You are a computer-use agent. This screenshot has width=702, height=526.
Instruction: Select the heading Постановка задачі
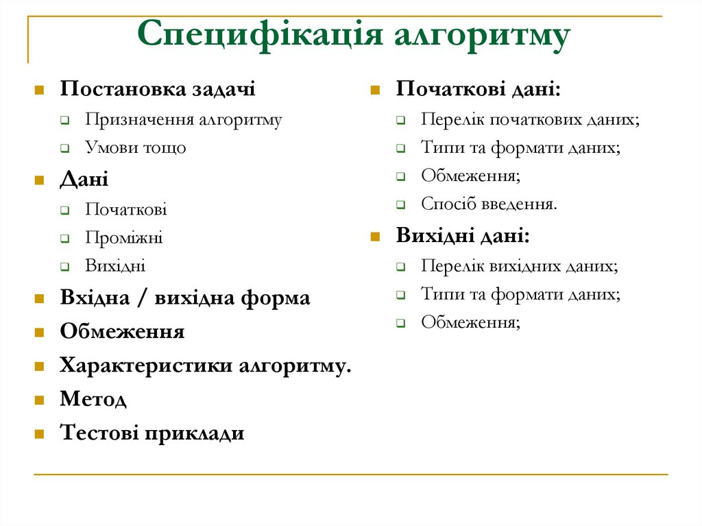[158, 89]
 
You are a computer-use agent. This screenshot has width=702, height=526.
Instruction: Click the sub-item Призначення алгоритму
[184, 119]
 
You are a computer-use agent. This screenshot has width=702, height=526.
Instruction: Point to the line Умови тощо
[136, 147]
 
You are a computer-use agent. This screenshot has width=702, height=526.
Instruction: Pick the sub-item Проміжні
[124, 238]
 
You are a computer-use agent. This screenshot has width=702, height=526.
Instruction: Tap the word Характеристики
[146, 366]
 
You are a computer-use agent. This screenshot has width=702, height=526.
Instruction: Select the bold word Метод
[93, 399]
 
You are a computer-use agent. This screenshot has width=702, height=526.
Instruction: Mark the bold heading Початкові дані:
[478, 89]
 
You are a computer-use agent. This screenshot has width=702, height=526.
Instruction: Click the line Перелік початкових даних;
[530, 119]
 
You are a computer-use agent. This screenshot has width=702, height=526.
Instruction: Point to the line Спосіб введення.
[489, 204]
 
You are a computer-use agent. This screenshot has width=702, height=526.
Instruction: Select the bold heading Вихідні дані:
[463, 236]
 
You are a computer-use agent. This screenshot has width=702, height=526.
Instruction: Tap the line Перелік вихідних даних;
[519, 266]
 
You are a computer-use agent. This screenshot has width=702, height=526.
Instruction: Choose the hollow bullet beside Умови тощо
[64, 148]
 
